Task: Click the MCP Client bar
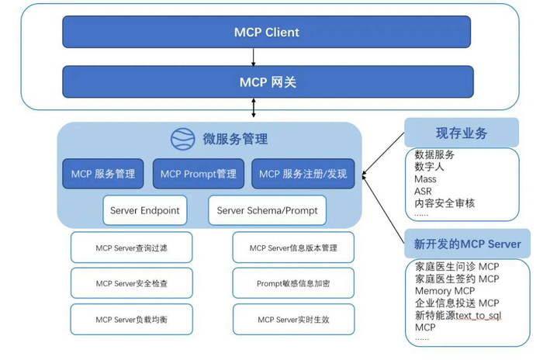click(x=266, y=33)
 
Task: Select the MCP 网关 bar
click(x=266, y=81)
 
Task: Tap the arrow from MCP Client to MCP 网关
click(x=254, y=57)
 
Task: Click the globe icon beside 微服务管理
click(x=183, y=139)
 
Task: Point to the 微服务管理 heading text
click(x=235, y=140)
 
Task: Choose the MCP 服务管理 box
click(x=103, y=174)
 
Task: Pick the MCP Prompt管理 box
click(x=198, y=174)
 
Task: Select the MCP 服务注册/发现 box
click(x=303, y=174)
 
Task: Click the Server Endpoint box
click(x=144, y=210)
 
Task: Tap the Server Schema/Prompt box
click(x=267, y=210)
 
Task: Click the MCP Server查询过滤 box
click(x=131, y=248)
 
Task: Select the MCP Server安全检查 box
click(x=131, y=284)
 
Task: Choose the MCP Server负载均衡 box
click(x=131, y=320)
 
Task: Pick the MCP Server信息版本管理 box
click(x=293, y=248)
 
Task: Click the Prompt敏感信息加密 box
click(x=293, y=284)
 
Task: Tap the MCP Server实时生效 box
click(x=293, y=320)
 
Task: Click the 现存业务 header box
click(x=462, y=133)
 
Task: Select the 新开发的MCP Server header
click(x=467, y=244)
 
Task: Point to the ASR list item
click(x=424, y=191)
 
